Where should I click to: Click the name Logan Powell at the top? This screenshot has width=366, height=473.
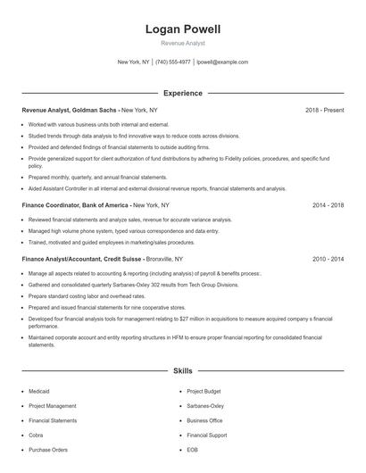183,29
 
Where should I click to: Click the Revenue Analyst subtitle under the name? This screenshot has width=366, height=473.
183,43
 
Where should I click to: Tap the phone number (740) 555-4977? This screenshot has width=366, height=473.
173,62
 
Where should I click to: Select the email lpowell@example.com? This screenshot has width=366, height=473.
222,62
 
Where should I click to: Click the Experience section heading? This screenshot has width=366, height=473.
183,93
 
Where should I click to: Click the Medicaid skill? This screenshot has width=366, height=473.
40,391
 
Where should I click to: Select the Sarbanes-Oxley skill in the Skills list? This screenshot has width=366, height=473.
205,405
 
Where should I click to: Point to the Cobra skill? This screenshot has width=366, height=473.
37,435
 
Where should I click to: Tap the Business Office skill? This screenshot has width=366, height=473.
204,420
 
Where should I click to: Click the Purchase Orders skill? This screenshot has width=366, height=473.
48,450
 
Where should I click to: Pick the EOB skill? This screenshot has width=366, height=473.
192,450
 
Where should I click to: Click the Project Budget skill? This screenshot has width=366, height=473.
204,391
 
